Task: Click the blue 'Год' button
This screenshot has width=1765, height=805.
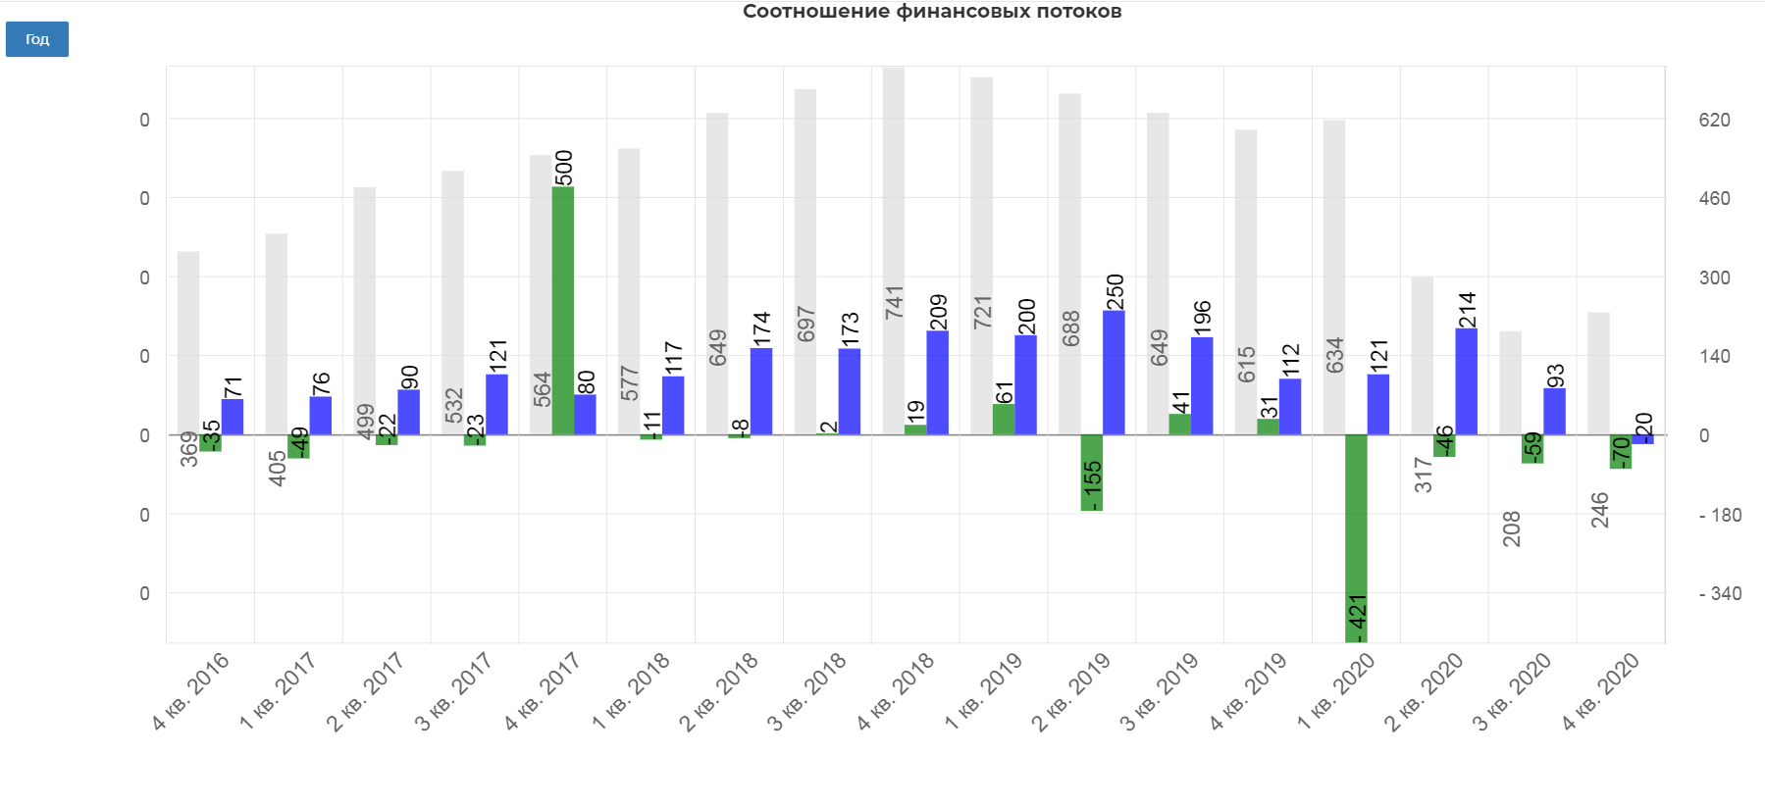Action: pyautogui.click(x=37, y=39)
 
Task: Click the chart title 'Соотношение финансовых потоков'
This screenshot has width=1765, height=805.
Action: pyautogui.click(x=931, y=12)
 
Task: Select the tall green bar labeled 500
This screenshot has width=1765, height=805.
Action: pyautogui.click(x=563, y=310)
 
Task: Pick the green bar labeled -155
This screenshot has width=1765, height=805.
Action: pyautogui.click(x=1091, y=473)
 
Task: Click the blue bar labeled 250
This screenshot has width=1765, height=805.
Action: pyautogui.click(x=1114, y=373)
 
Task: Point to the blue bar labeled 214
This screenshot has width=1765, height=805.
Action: pyautogui.click(x=1466, y=381)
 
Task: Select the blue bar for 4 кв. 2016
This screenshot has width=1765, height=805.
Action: pyautogui.click(x=233, y=417)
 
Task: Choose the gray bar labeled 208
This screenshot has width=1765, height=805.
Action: pyautogui.click(x=1510, y=382)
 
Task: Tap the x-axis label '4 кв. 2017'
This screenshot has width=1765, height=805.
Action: pyautogui.click(x=543, y=691)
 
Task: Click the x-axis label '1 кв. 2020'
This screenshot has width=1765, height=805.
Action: pyautogui.click(x=1336, y=691)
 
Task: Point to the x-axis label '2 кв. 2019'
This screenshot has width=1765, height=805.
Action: pyautogui.click(x=1071, y=691)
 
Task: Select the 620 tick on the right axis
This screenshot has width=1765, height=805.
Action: pyautogui.click(x=1714, y=120)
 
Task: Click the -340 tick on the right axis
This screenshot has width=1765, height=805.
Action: pyautogui.click(x=1720, y=593)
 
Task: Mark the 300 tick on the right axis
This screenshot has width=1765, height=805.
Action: pyautogui.click(x=1714, y=277)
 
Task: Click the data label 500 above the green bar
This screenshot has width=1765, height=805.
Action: pyautogui.click(x=564, y=168)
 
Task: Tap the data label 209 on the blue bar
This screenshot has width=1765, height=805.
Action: pyautogui.click(x=938, y=312)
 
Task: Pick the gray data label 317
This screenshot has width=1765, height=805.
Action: pyautogui.click(x=1423, y=475)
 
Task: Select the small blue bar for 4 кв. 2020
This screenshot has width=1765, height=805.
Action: pyautogui.click(x=1642, y=439)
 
